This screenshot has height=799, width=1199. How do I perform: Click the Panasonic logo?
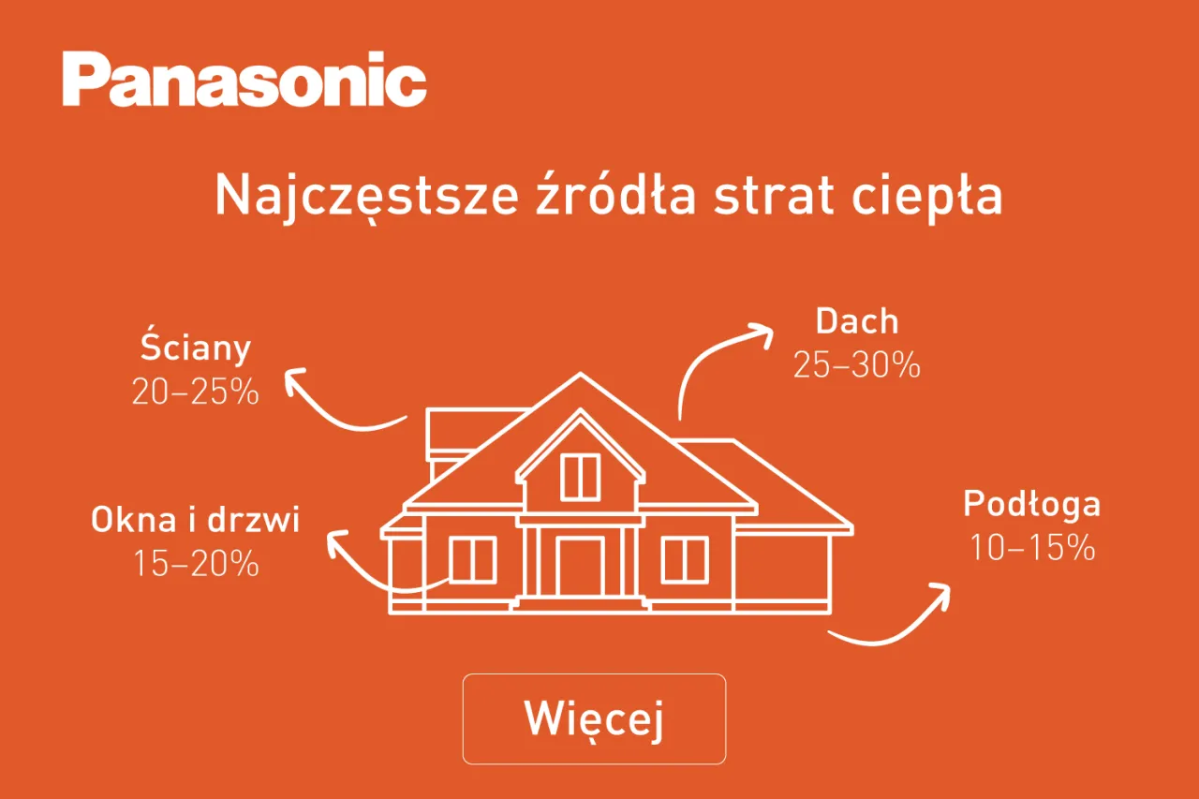[x=244, y=81]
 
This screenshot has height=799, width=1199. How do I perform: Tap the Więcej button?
[x=594, y=718]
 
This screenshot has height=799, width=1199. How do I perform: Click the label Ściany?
[x=196, y=348]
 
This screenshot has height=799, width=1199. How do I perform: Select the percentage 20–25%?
[x=195, y=392]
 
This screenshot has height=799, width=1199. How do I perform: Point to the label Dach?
[x=857, y=321]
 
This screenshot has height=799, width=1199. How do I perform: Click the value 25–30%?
[x=856, y=365]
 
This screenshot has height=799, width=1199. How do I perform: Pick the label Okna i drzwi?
[x=196, y=520]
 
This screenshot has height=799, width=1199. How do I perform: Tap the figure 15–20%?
[x=195, y=563]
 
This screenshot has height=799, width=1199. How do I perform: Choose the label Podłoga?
[x=1031, y=504]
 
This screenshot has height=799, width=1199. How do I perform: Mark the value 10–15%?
[x=1031, y=548]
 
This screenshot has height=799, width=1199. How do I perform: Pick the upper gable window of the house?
[x=580, y=476]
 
